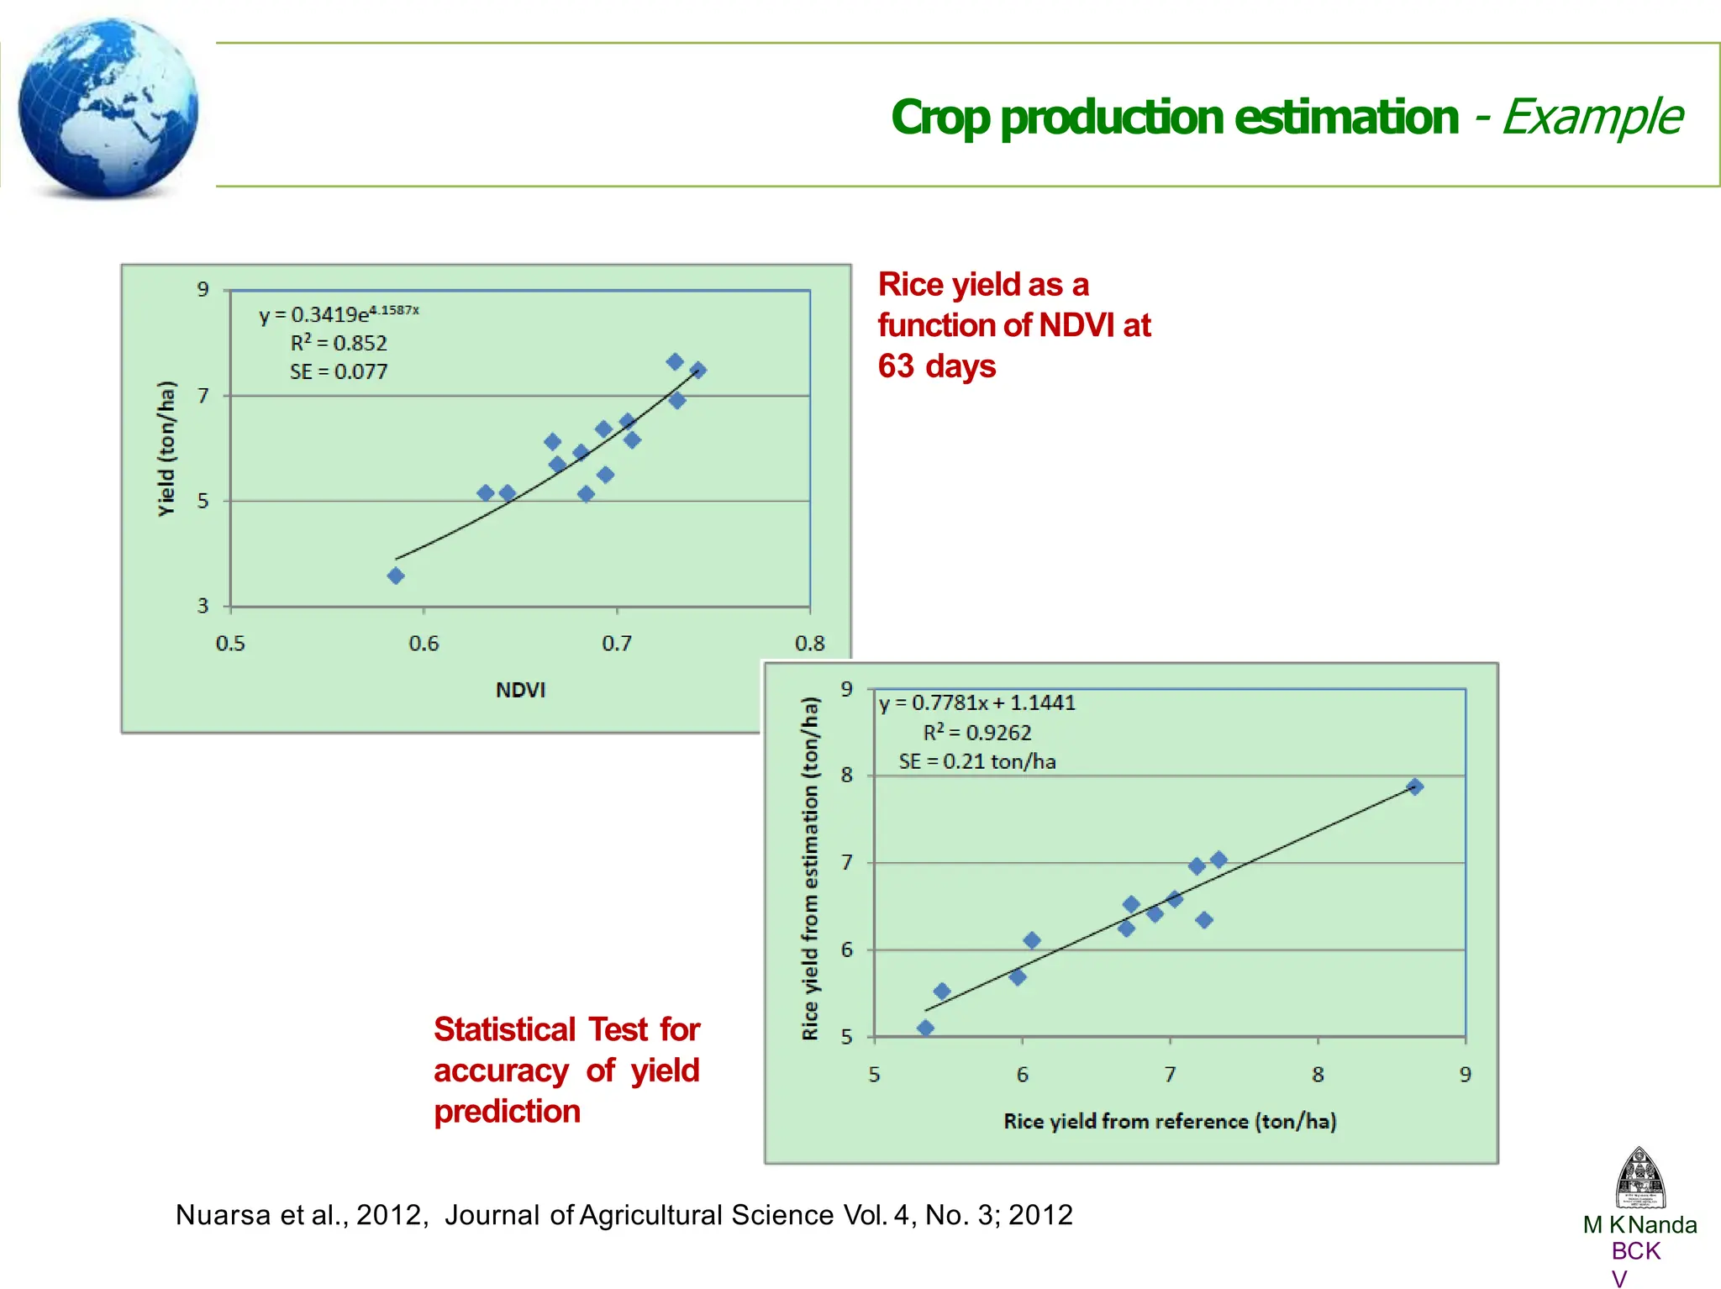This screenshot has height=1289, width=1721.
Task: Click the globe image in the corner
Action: click(108, 108)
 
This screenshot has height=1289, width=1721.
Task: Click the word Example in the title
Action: click(1592, 117)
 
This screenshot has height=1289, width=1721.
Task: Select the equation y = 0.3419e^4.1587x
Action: click(338, 314)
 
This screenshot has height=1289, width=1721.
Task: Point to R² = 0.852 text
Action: click(339, 343)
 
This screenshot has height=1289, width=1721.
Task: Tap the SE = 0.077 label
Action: click(339, 371)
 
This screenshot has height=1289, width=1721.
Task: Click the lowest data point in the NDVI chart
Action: click(396, 576)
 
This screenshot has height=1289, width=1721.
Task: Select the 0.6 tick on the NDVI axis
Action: click(424, 644)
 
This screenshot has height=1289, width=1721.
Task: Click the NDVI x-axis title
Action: click(520, 690)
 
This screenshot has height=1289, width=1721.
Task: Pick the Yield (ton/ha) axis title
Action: click(167, 449)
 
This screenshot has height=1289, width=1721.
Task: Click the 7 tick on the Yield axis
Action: click(203, 395)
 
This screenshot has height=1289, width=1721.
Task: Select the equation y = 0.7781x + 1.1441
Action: click(976, 703)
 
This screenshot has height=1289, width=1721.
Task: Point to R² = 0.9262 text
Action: click(976, 733)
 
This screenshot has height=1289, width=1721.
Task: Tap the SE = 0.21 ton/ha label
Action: click(976, 761)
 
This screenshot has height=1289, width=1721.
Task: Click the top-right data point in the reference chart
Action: click(1414, 787)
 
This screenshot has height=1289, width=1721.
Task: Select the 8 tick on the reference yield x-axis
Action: click(1318, 1075)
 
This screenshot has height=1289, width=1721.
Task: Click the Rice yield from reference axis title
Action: click(1169, 1121)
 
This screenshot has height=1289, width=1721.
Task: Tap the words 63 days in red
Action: click(936, 366)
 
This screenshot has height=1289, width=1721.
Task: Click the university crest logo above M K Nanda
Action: click(1639, 1177)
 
